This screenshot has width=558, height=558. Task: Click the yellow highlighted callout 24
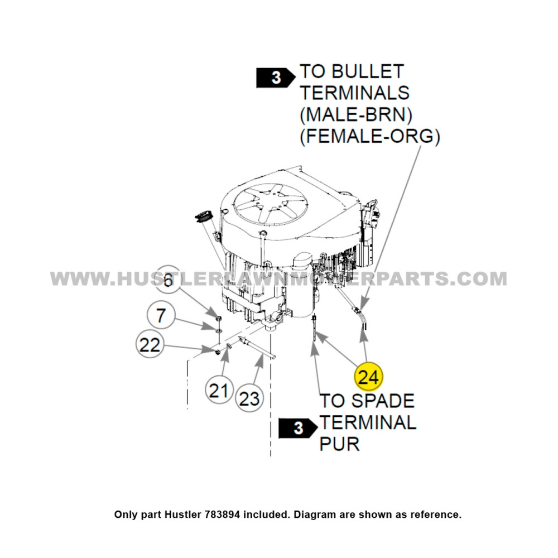368,377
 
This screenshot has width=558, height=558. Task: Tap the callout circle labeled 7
161,316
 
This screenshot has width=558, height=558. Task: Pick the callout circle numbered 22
150,345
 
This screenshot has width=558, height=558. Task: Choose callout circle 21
219,390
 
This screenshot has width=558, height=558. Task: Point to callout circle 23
249,398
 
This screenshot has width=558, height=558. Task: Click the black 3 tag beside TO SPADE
298,429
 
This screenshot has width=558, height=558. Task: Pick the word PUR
339,444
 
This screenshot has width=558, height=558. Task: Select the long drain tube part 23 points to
257,348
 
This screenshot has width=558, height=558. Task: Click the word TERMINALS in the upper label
355,93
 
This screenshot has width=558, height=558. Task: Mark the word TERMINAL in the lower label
368,422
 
